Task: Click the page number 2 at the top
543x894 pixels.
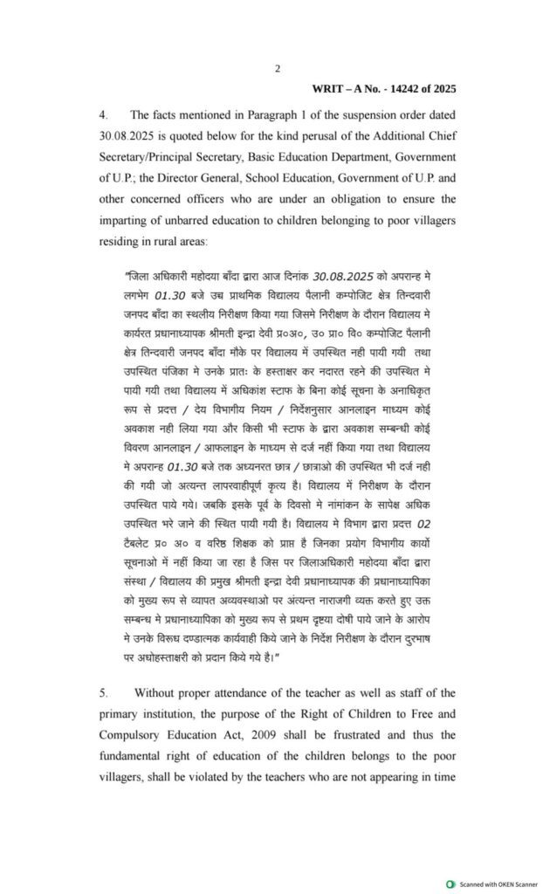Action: [277, 69]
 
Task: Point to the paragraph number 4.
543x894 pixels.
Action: [102, 115]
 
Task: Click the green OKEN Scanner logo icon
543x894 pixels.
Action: [450, 884]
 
